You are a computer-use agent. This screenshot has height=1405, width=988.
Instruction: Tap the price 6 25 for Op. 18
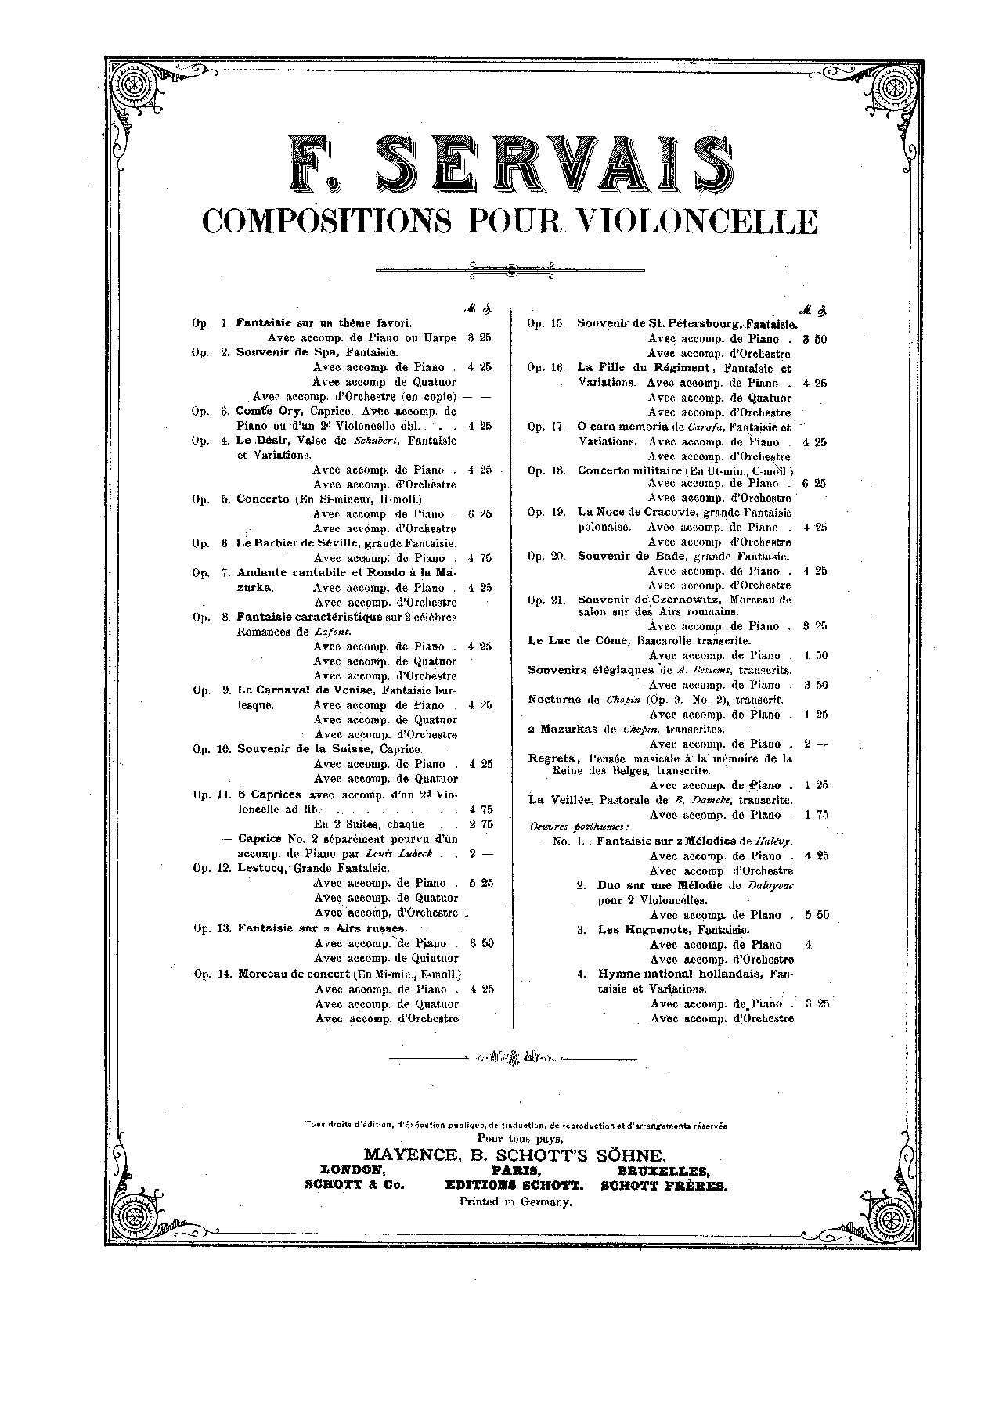[x=815, y=484]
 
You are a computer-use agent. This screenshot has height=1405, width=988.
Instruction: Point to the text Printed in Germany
[x=515, y=1202]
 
